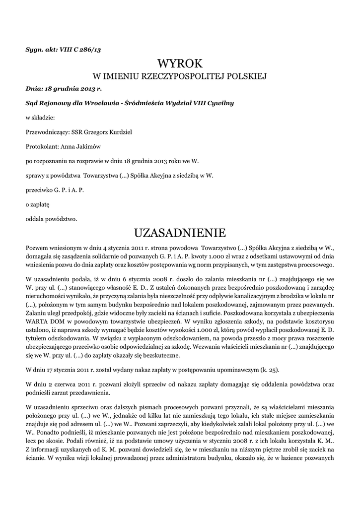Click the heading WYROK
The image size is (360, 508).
coord(180,63)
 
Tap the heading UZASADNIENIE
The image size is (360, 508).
coord(180,233)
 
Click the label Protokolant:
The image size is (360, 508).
coord(42,146)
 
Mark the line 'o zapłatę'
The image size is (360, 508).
coord(38,204)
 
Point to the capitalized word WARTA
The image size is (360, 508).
coord(36,321)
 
